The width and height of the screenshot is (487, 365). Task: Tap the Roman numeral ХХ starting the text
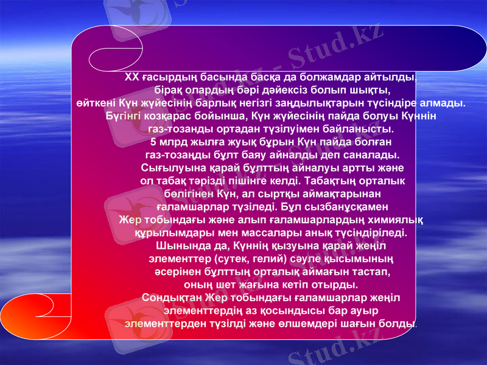(131, 77)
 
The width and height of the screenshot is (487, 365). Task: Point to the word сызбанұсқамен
(354, 206)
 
